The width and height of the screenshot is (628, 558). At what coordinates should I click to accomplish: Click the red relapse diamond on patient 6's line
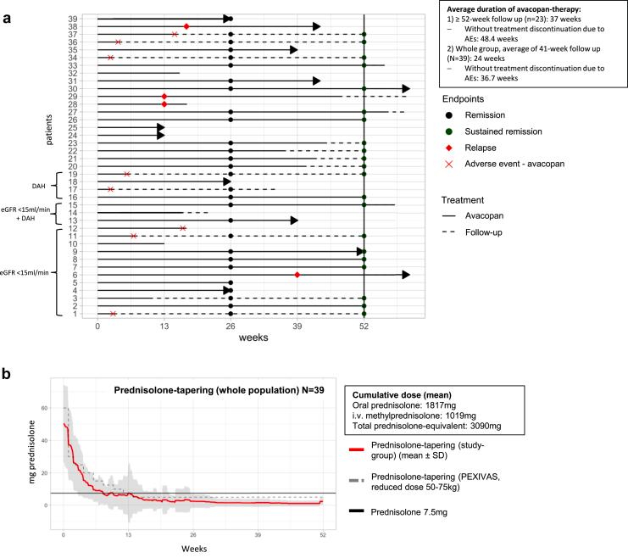[297, 275]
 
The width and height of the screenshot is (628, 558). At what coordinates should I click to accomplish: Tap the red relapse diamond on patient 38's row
[186, 26]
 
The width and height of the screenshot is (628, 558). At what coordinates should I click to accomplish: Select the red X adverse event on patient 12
[183, 227]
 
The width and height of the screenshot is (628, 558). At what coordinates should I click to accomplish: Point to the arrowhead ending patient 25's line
[160, 127]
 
